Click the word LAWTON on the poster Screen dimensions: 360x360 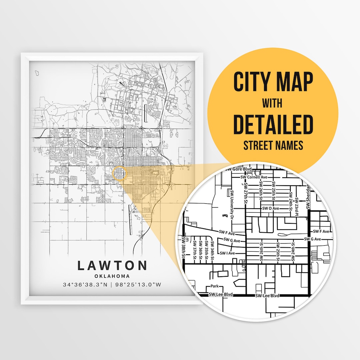112,265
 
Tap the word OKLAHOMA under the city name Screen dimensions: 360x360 112,276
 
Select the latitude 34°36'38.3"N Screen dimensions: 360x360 85,285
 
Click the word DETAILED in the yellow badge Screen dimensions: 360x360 273,124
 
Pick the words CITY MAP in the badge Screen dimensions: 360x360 273,81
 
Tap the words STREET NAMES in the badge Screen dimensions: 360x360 273,145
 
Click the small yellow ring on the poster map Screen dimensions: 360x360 120,173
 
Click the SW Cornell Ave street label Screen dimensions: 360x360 254,177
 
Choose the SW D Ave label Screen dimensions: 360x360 270,208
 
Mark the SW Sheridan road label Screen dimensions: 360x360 308,197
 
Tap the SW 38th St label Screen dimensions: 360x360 184,247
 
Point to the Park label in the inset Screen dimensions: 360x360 214,286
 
